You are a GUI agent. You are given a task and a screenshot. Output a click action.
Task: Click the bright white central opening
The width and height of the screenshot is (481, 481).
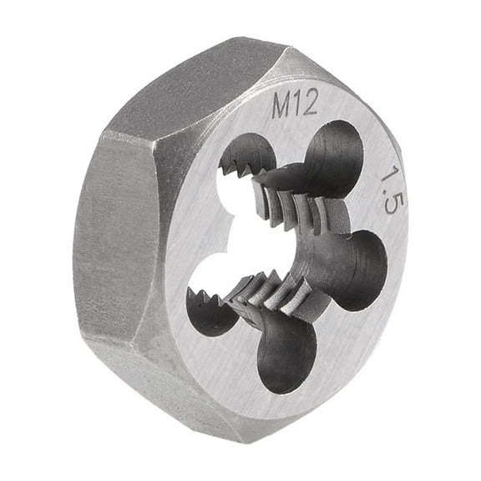(251, 242)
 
